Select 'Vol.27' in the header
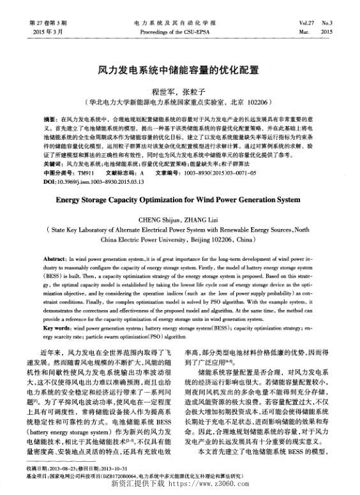tap(306, 22)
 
